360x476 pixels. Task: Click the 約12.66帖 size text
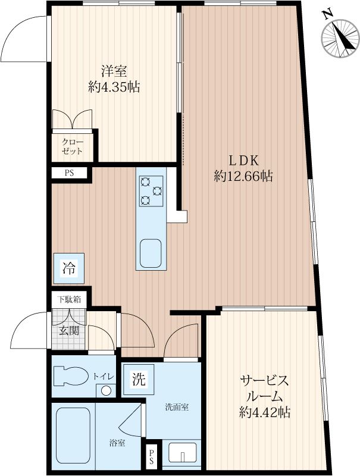(243, 177)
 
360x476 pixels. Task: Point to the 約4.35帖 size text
(114, 87)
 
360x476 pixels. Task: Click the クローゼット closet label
(73, 146)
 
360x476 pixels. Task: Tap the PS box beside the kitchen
(70, 174)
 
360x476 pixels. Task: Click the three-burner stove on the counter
(151, 191)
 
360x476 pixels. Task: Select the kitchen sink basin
(151, 254)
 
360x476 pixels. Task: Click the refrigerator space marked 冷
(69, 268)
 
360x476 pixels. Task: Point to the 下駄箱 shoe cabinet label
(69, 300)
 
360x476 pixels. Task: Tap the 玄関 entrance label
(68, 331)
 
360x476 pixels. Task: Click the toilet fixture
(70, 376)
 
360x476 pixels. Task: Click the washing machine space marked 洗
(139, 378)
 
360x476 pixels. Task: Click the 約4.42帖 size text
(265, 412)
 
